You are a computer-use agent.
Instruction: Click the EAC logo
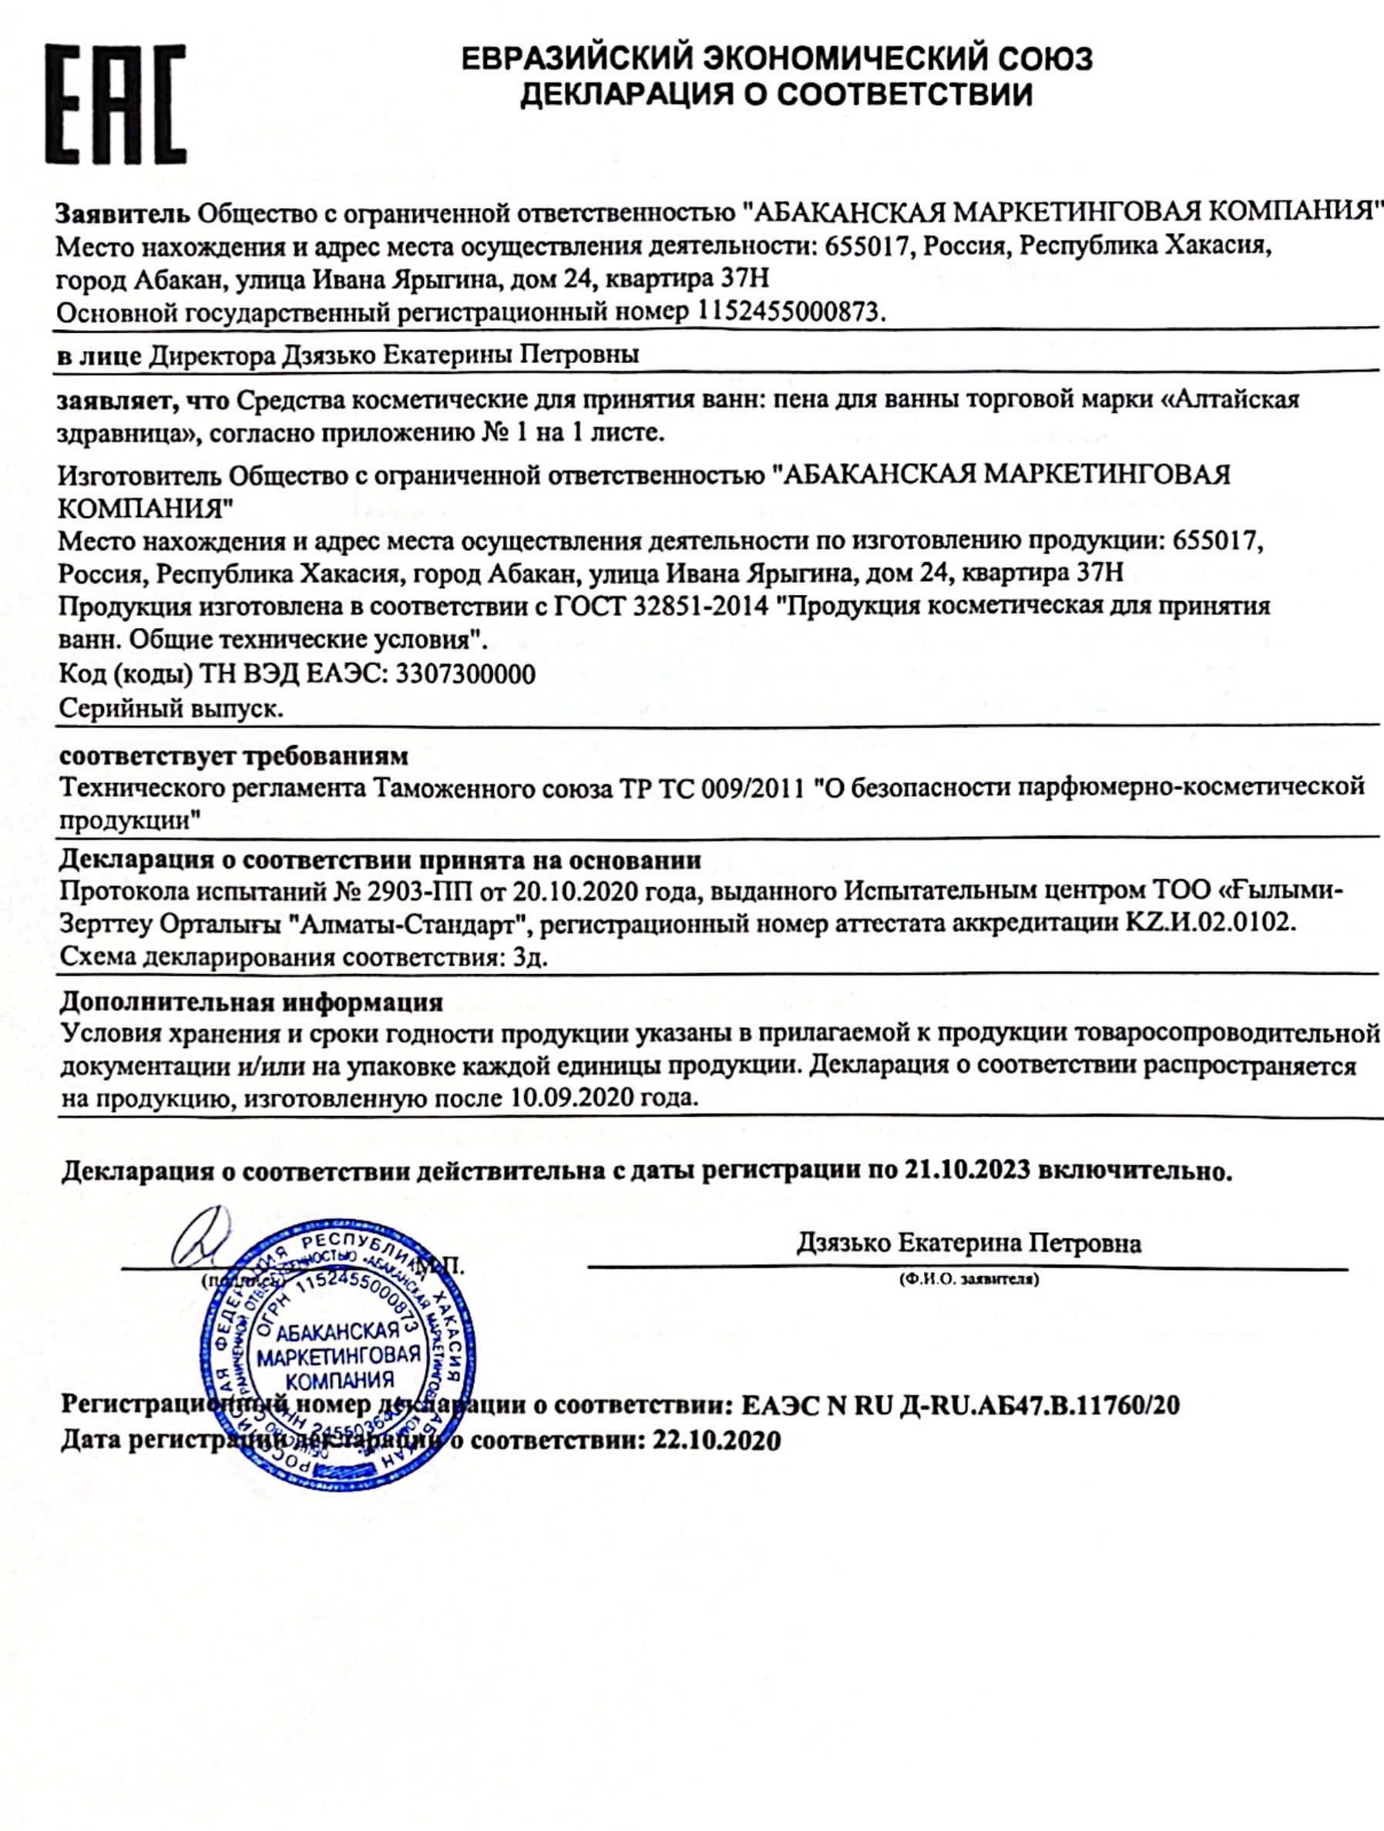click(x=115, y=104)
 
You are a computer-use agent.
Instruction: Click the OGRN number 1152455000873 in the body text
click(x=791, y=311)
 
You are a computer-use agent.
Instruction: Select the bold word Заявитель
click(x=123, y=213)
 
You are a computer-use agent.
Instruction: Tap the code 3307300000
click(x=465, y=674)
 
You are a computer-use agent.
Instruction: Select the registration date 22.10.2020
click(x=716, y=1441)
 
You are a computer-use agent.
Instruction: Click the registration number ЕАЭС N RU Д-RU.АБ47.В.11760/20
click(x=961, y=1405)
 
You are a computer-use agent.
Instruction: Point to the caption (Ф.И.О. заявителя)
click(x=969, y=1280)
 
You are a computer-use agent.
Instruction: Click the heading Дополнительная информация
click(x=250, y=1003)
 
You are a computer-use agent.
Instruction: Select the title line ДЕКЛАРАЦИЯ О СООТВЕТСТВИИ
click(x=775, y=94)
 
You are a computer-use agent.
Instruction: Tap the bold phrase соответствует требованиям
click(x=233, y=756)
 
